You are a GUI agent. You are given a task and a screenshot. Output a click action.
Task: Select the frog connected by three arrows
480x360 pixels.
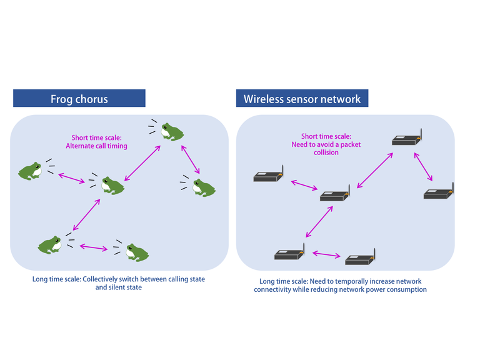[x=111, y=184]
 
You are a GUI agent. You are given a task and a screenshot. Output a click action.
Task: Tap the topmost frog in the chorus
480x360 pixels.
[x=170, y=132]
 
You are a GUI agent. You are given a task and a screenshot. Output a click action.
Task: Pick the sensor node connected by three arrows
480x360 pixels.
[x=334, y=196]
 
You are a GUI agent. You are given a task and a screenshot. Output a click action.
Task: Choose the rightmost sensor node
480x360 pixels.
[x=438, y=194]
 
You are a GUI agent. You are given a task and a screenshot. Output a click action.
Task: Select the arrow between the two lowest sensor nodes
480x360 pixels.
[x=326, y=254]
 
